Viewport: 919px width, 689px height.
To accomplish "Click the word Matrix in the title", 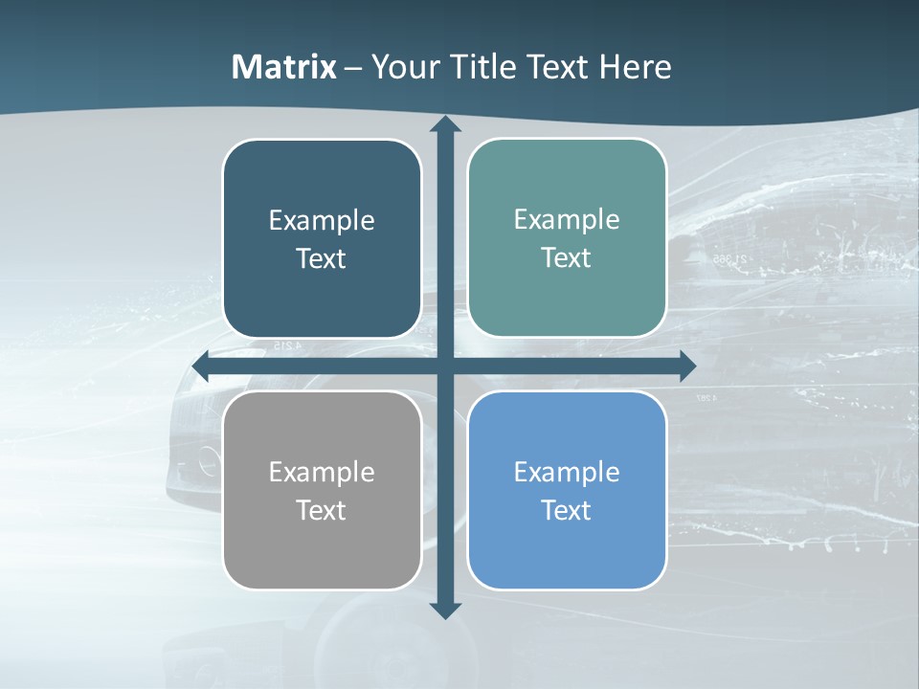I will pos(284,67).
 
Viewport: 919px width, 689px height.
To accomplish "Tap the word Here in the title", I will pos(635,67).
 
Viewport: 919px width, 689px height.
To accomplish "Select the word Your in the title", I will pos(403,67).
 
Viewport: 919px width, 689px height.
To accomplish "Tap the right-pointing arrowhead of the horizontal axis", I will pos(687,366).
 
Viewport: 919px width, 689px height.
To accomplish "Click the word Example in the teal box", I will pos(567,220).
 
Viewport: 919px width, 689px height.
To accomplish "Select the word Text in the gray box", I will pos(321,510).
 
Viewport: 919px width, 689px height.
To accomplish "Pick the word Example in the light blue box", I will pos(567,472).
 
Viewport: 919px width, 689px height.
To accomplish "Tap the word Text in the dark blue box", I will pos(321,259).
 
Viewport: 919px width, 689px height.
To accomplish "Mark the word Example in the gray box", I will pos(322,472).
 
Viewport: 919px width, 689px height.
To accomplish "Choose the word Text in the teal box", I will pos(566,258).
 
